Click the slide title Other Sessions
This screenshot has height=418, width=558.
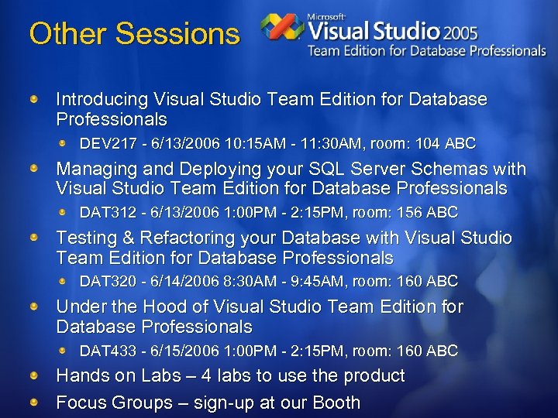tap(134, 34)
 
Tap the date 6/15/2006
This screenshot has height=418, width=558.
tap(177, 351)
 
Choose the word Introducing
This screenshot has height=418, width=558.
tap(102, 99)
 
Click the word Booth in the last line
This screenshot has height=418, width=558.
tap(336, 403)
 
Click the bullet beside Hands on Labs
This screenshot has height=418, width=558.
tap(35, 375)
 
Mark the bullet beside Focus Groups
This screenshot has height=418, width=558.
tap(35, 403)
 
